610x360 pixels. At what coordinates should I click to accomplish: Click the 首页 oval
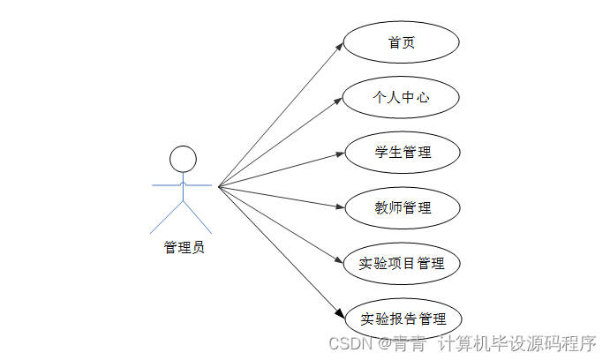[x=401, y=42]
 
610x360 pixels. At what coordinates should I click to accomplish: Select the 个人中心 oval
[x=401, y=97]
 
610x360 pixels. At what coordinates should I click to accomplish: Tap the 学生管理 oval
[x=401, y=153]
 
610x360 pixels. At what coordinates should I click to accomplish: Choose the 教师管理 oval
[x=401, y=208]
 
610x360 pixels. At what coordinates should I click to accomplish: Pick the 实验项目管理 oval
[x=401, y=263]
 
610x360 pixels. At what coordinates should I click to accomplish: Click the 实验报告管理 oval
[x=401, y=319]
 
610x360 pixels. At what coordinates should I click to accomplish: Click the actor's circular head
[x=183, y=159]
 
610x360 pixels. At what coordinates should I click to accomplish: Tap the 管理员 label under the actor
[x=184, y=248]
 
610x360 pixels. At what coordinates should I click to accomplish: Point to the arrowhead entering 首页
[x=339, y=46]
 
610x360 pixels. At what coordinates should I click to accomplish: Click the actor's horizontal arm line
[x=183, y=185]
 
